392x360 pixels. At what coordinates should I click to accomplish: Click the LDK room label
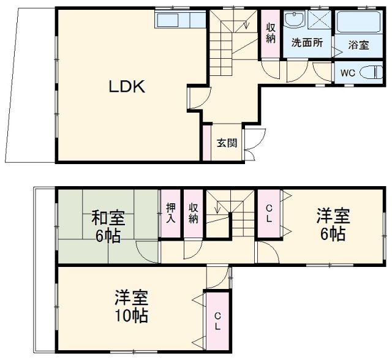click(127, 88)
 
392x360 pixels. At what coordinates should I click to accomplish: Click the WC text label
click(347, 72)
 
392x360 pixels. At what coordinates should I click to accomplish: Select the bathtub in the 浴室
click(360, 23)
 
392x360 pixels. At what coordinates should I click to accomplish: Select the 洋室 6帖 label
click(333, 225)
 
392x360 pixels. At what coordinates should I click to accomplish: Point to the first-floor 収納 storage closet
click(270, 34)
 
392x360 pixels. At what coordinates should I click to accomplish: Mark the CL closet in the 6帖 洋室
click(268, 214)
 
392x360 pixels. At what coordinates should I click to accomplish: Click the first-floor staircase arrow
click(244, 24)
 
